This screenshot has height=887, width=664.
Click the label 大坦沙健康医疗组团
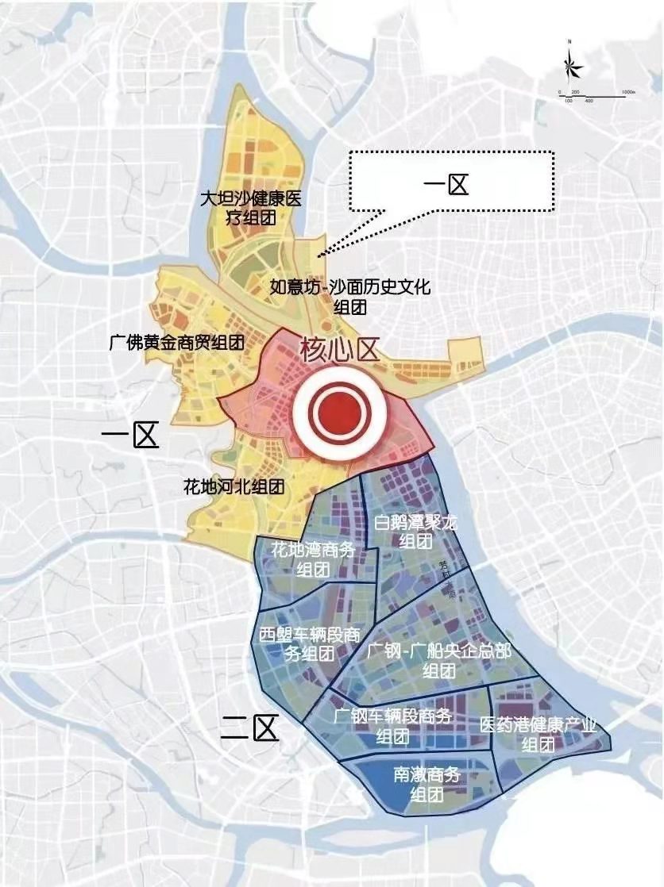pos(251,206)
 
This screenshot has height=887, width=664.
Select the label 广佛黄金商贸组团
pos(176,343)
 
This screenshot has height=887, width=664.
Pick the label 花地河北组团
pos(234,486)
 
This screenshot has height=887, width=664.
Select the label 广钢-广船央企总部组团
pos(439,660)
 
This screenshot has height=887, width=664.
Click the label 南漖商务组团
pos(427,784)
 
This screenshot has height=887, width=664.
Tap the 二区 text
pos(250,727)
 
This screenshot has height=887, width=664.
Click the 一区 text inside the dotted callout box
pos(446,186)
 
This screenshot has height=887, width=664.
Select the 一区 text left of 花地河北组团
pos(131,436)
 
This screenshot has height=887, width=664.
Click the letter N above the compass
pos(570,40)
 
